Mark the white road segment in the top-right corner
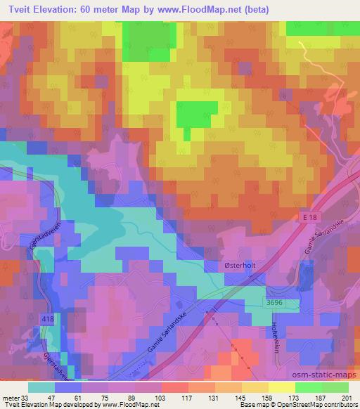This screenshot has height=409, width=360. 307,51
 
